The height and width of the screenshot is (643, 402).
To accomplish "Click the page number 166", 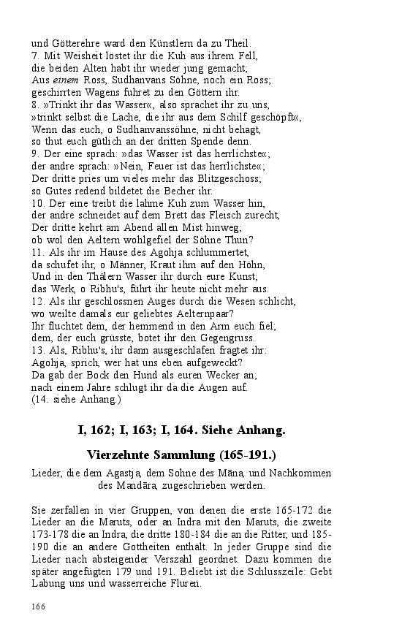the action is (38, 606).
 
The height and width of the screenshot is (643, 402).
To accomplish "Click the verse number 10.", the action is (38, 203).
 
